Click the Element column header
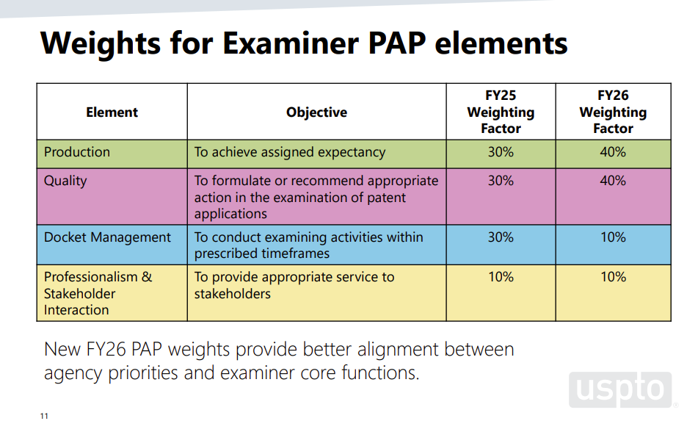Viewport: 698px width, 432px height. [x=112, y=112]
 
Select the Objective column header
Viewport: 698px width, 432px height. [x=316, y=112]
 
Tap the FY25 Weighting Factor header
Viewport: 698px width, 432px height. [x=501, y=112]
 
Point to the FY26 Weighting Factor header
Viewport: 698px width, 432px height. [x=613, y=112]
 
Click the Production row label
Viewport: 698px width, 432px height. [x=77, y=152]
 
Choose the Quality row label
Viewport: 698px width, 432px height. [x=65, y=181]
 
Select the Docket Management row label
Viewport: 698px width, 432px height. [x=107, y=237]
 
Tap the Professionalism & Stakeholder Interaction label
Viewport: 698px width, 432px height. [x=98, y=293]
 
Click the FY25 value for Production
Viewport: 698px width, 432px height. [x=501, y=152]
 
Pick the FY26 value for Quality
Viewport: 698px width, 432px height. [x=613, y=181]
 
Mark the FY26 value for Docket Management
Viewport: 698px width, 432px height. [x=613, y=237]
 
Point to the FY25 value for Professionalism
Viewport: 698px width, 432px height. [x=501, y=277]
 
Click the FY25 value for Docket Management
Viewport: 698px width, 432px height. [x=501, y=237]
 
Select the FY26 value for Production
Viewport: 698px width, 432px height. [x=613, y=152]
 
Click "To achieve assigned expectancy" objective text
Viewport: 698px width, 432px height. [x=289, y=152]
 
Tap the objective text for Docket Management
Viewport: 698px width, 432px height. [x=308, y=245]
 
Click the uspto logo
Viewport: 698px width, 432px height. [x=620, y=390]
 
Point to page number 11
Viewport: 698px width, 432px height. [x=44, y=417]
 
